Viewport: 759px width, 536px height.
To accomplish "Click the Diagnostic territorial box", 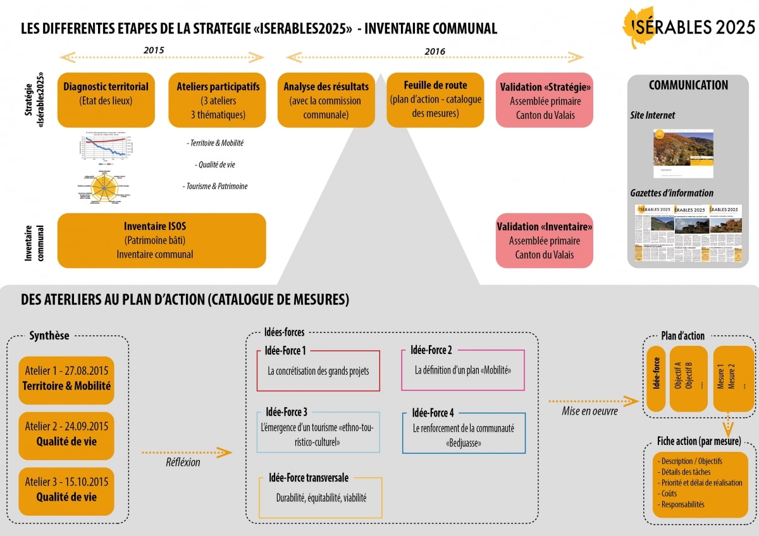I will click(x=106, y=100).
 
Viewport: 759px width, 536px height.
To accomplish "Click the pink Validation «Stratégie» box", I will click(x=545, y=100).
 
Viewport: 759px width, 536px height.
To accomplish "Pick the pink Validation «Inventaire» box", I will click(x=545, y=240).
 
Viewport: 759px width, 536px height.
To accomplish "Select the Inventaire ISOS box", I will click(x=161, y=240).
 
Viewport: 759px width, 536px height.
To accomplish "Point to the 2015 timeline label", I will click(x=154, y=50).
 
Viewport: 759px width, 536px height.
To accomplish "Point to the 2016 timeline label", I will click(x=435, y=51).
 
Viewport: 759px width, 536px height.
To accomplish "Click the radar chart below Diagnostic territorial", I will click(x=100, y=187).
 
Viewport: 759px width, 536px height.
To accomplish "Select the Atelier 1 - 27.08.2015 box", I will click(x=66, y=378).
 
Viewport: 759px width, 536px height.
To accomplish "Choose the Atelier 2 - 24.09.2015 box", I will click(x=66, y=434).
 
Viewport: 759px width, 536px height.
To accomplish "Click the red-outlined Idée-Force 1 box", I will click(x=318, y=370).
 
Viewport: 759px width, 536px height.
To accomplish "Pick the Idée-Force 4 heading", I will click(x=433, y=413).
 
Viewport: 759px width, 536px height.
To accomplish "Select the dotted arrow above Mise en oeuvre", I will click(x=593, y=401).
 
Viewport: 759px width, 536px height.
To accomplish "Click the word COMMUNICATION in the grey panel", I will click(x=688, y=85).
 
